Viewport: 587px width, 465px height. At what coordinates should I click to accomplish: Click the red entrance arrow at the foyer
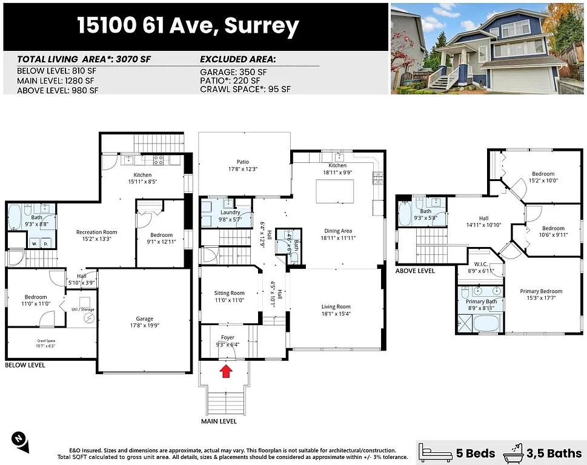pyautogui.click(x=225, y=371)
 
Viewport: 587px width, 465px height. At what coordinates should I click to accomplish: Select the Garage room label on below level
pyautogui.click(x=144, y=318)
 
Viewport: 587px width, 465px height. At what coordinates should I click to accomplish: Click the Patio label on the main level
pyautogui.click(x=243, y=162)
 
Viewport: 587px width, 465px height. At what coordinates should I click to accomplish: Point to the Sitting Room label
pyautogui.click(x=230, y=293)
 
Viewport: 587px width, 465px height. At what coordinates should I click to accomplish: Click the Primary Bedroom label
pyautogui.click(x=541, y=291)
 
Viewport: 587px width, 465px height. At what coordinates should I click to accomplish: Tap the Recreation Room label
pyautogui.click(x=96, y=232)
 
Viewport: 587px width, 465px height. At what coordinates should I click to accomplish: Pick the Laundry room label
pyautogui.click(x=230, y=213)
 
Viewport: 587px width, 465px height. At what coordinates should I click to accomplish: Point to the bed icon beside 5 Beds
pyautogui.click(x=435, y=452)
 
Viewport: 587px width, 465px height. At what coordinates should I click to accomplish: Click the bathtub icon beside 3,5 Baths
pyautogui.click(x=516, y=452)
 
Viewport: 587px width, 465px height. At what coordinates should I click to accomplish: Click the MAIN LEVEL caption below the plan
pyautogui.click(x=219, y=421)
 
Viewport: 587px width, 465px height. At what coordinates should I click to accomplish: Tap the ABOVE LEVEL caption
pyautogui.click(x=415, y=271)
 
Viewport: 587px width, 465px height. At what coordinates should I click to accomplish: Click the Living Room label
pyautogui.click(x=336, y=306)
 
